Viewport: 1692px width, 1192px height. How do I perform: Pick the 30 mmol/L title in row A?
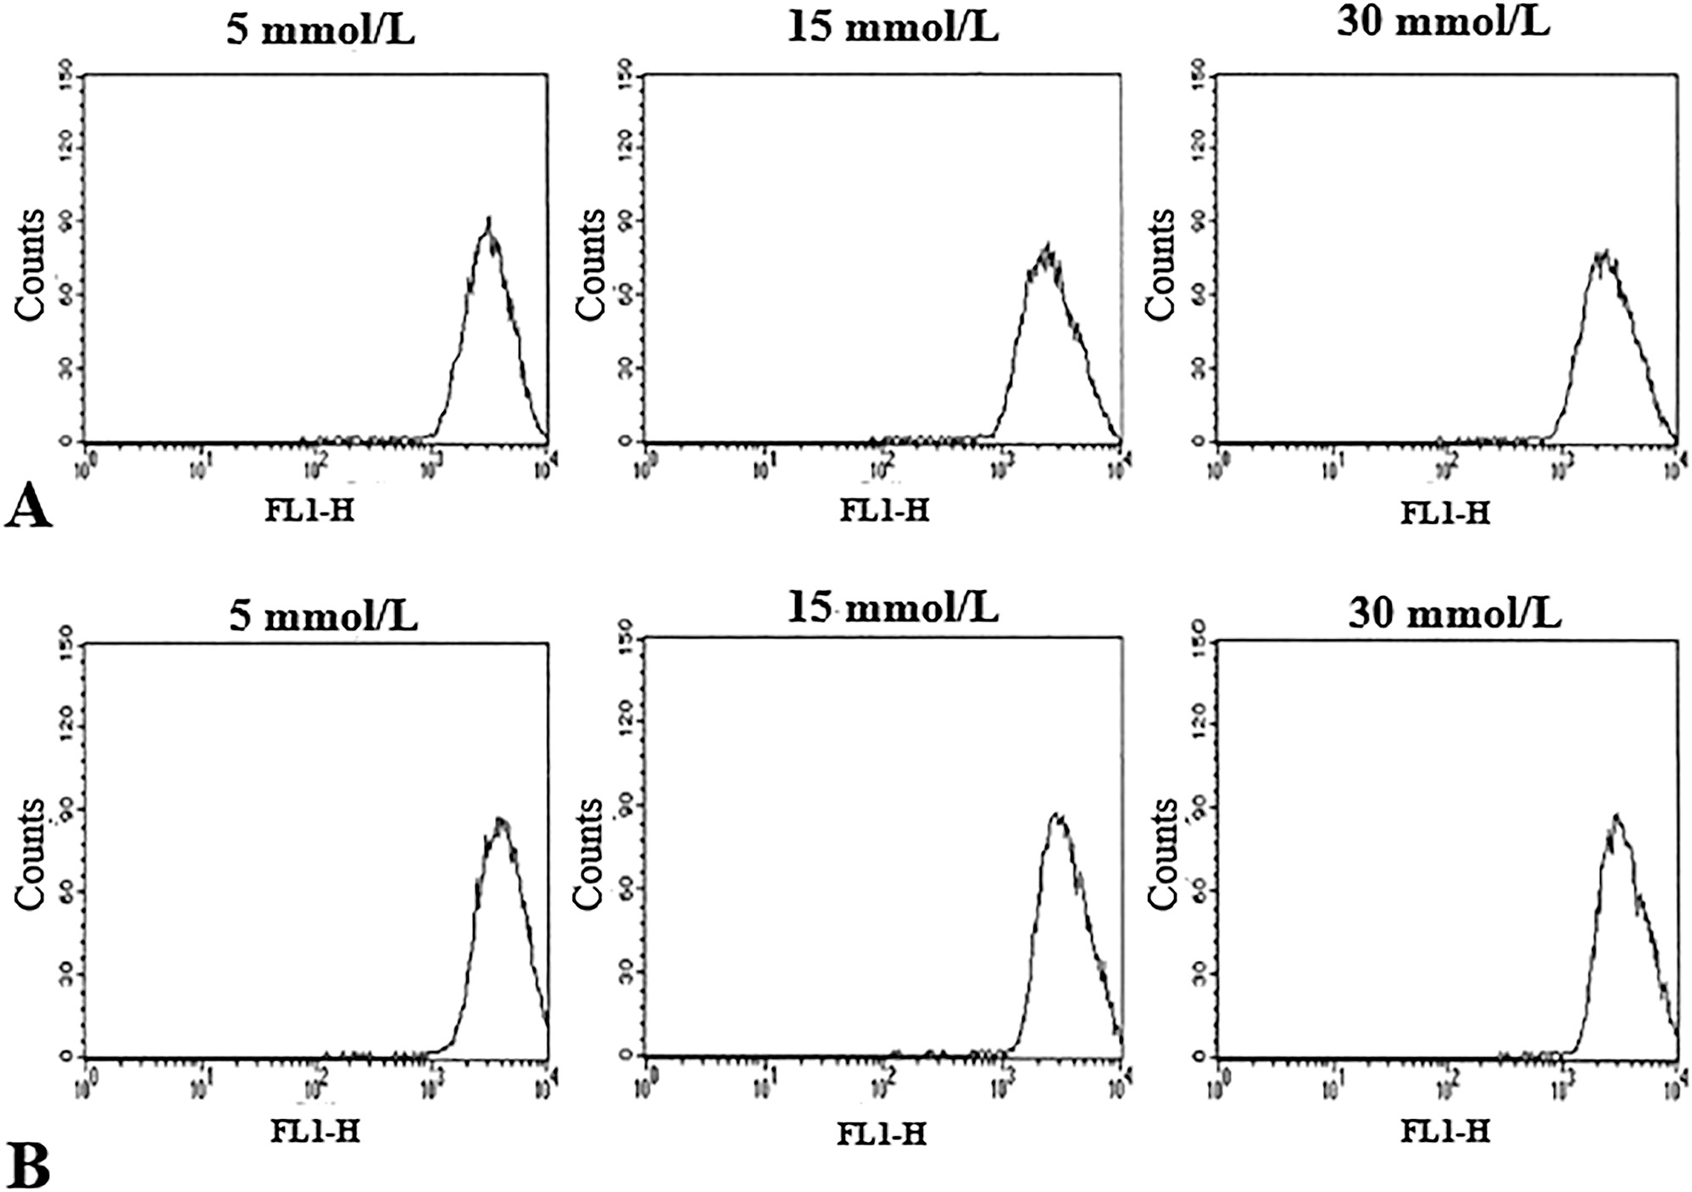[1443, 22]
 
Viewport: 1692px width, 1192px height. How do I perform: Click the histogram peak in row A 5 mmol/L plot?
[489, 219]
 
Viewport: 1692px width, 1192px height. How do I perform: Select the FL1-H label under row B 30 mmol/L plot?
[1444, 1132]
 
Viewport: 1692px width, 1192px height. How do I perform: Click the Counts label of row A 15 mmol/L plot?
[591, 264]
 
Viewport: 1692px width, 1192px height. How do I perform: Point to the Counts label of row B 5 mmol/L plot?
[31, 853]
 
